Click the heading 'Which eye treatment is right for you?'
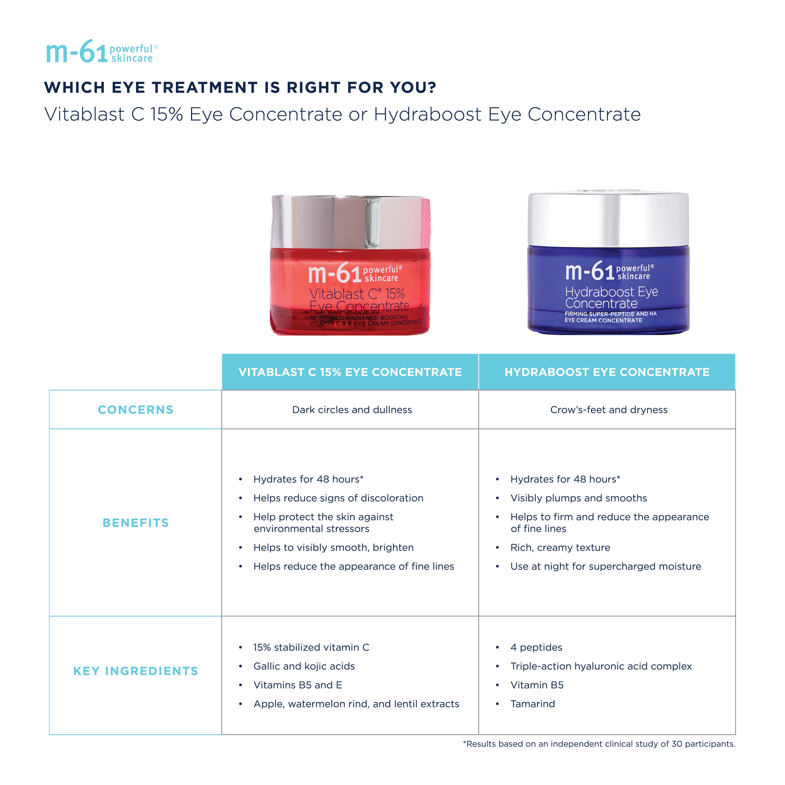240,87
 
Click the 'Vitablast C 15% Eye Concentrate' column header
350,372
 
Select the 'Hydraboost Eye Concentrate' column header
607,372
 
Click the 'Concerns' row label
136,410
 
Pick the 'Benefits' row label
136,522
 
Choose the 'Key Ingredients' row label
136,671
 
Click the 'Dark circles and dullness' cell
352,410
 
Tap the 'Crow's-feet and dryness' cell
609,410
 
